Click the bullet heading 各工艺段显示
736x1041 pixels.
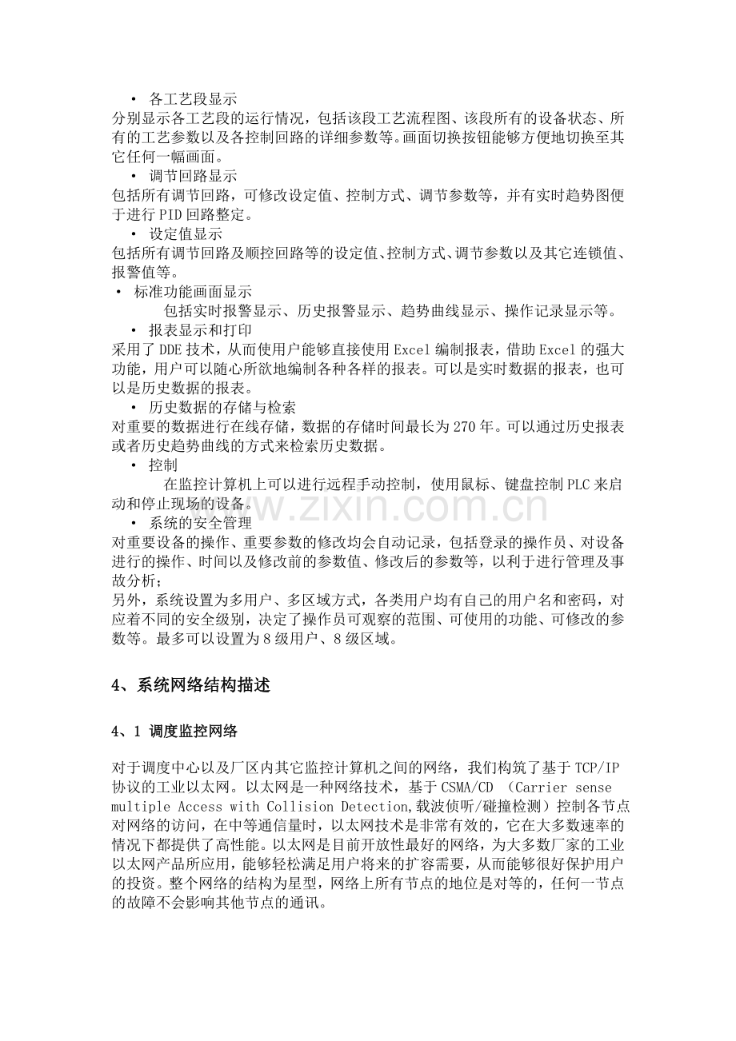pos(193,100)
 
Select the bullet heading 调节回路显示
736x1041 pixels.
pos(193,175)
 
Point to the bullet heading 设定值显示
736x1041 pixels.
pos(186,234)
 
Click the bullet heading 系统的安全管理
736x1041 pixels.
pos(200,523)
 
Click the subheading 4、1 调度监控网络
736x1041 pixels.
pos(174,731)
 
